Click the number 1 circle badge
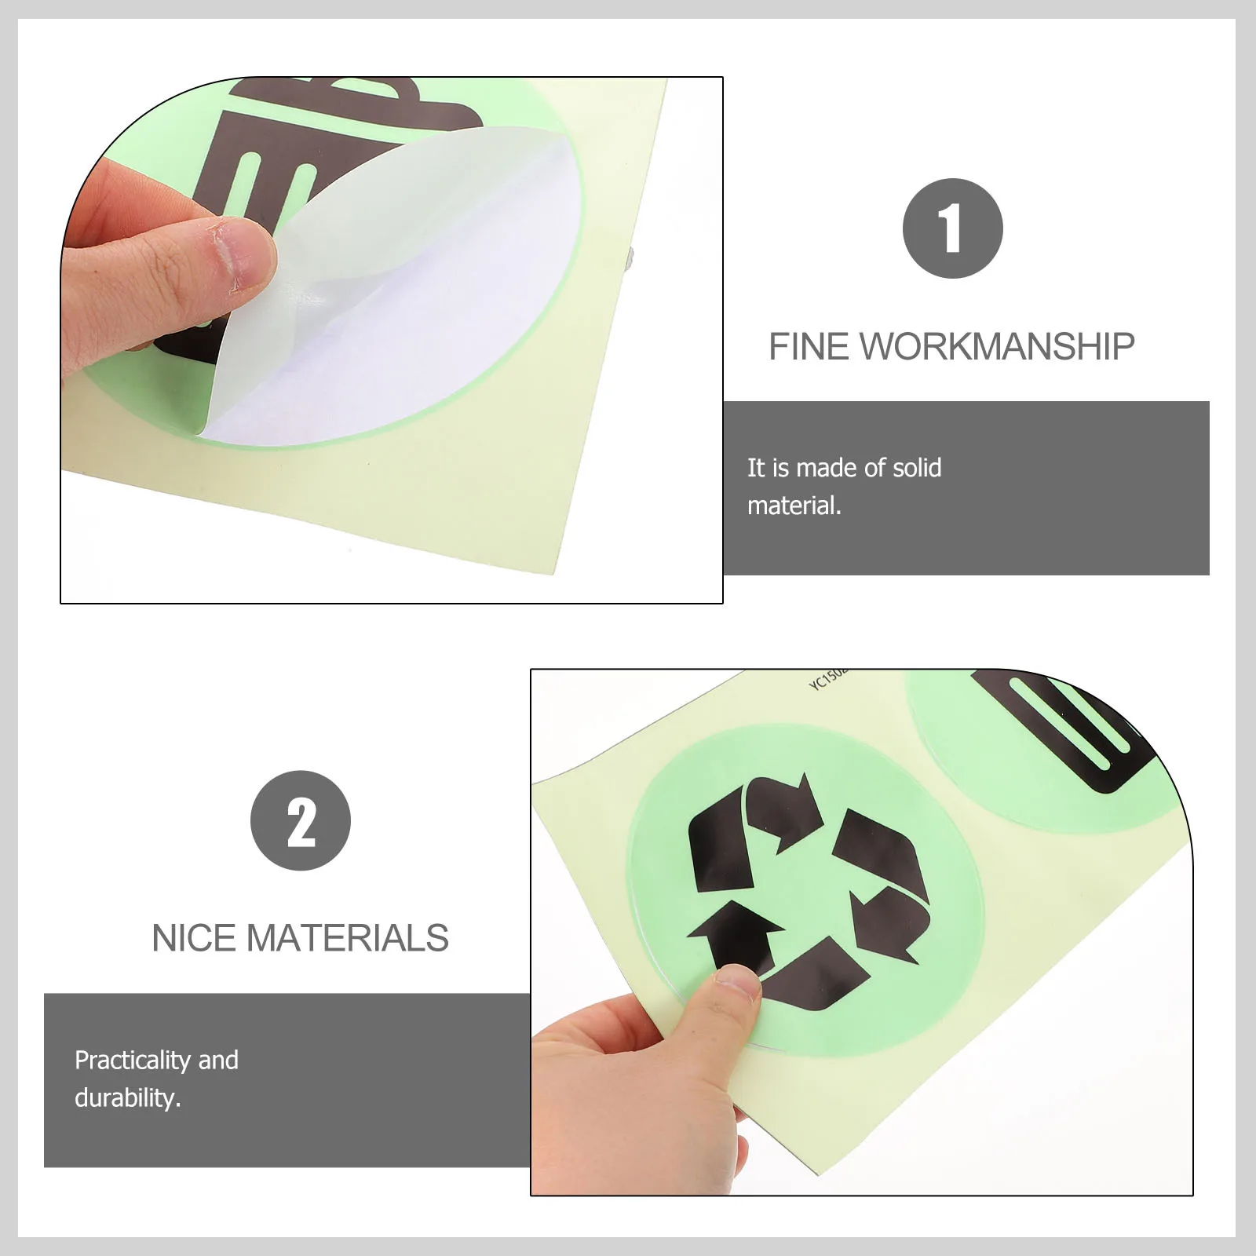[952, 228]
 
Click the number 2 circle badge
[301, 820]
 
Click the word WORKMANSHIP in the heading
[997, 347]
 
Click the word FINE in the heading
[809, 347]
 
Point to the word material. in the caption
[794, 506]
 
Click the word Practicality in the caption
[133, 1061]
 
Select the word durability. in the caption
[127, 1098]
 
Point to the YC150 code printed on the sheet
[827, 679]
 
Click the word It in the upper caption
[755, 469]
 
